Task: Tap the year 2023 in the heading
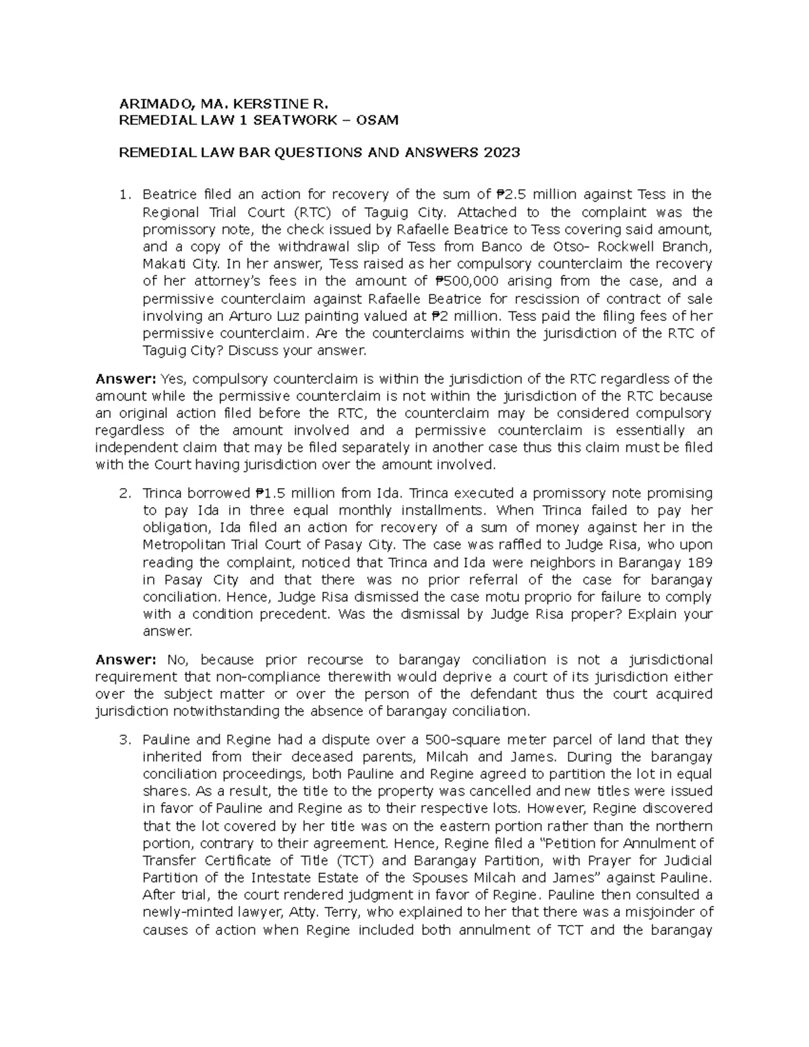tap(501, 152)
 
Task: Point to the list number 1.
tap(123, 195)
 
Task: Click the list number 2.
tap(123, 493)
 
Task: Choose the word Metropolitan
tap(183, 545)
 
